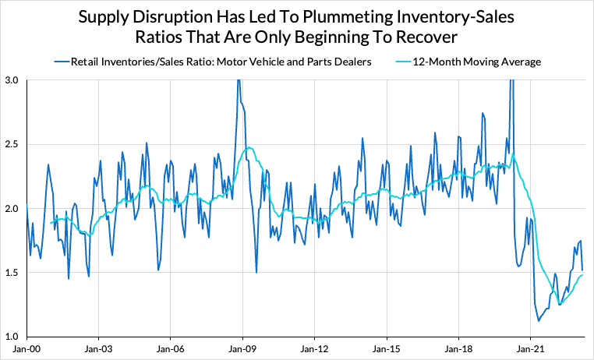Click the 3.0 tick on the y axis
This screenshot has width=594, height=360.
click(12, 80)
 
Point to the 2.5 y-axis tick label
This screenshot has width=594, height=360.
click(12, 144)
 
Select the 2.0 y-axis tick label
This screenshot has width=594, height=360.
click(12, 209)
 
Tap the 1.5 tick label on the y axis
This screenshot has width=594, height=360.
click(12, 273)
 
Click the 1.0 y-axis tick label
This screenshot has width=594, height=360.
click(12, 337)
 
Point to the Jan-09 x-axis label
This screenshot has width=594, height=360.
click(242, 351)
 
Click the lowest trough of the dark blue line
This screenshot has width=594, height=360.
click(539, 320)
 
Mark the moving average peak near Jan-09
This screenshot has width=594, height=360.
click(249, 147)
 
